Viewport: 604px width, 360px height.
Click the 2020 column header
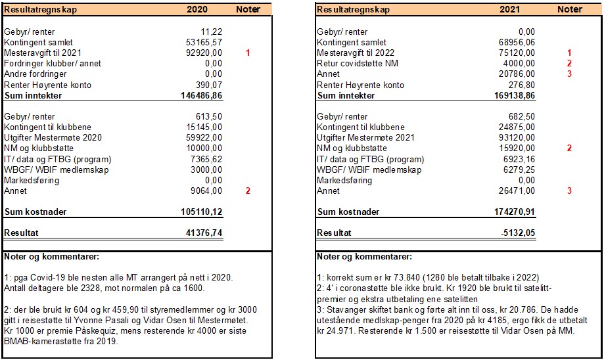click(x=197, y=10)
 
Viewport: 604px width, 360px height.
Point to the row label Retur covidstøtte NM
click(x=358, y=64)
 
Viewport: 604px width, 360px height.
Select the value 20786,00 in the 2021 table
click(x=517, y=74)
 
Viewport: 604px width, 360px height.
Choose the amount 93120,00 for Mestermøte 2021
click(x=517, y=138)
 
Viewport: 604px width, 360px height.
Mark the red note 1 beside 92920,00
click(x=248, y=53)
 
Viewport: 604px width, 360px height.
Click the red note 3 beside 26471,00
click(x=569, y=191)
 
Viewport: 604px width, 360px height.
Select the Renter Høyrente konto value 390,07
click(x=210, y=85)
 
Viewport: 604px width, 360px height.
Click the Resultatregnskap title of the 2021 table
click(x=353, y=10)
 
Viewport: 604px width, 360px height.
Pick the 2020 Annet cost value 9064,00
click(x=208, y=191)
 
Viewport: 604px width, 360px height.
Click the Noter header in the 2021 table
click(x=569, y=10)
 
